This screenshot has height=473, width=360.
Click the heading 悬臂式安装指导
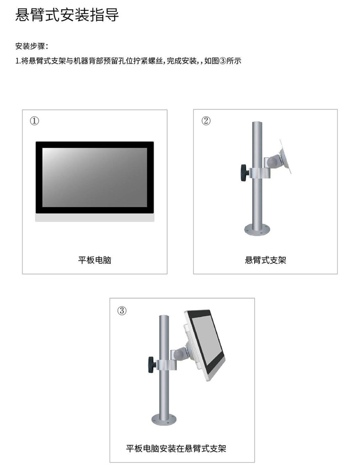67,15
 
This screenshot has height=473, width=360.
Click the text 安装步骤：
31,46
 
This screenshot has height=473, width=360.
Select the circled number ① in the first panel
35,121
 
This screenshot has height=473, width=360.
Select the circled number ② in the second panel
206,121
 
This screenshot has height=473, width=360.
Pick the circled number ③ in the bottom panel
122,311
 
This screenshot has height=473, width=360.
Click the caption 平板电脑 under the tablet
94,260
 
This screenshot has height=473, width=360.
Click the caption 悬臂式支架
265,260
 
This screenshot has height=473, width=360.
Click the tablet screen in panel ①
94,177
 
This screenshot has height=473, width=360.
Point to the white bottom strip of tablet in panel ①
94,217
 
